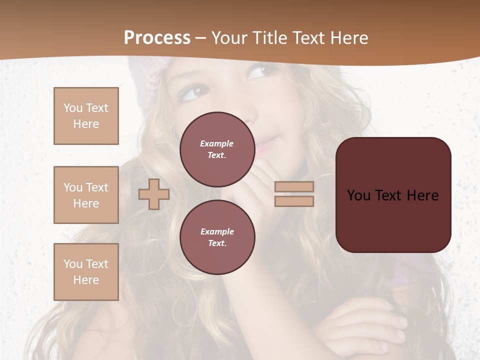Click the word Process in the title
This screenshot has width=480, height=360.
(x=157, y=37)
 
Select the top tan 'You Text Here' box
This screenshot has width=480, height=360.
(x=86, y=116)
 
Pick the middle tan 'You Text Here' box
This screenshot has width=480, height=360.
(x=86, y=195)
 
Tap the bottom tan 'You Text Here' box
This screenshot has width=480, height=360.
(x=86, y=272)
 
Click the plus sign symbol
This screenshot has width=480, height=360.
(x=153, y=194)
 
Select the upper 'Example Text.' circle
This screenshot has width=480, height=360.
(x=217, y=149)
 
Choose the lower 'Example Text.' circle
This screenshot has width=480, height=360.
(x=217, y=237)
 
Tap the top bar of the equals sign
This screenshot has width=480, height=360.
(x=294, y=187)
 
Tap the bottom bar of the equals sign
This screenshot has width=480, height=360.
(x=294, y=201)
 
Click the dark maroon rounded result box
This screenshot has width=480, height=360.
(x=393, y=195)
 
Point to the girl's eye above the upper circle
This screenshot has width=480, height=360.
(x=195, y=92)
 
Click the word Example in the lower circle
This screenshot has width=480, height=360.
(x=217, y=231)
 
